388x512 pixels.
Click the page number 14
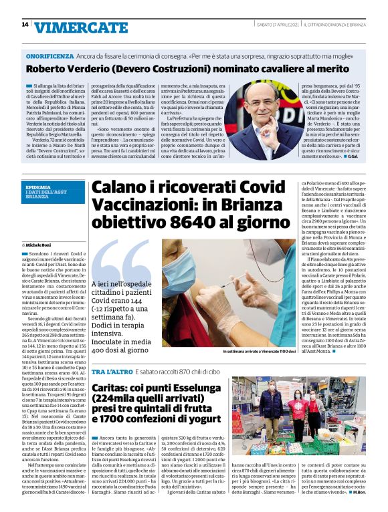pos(25,25)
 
